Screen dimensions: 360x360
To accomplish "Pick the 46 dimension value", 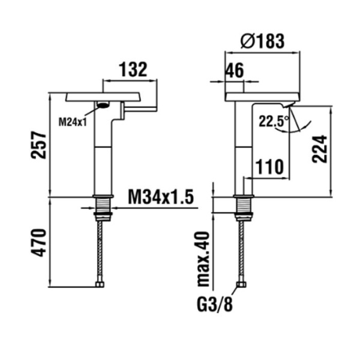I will coord(235,70).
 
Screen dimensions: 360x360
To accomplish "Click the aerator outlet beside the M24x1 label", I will coord(103,106).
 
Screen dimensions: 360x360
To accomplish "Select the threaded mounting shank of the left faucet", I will coord(103,208).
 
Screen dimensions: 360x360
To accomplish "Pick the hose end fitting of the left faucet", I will coord(100,284).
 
